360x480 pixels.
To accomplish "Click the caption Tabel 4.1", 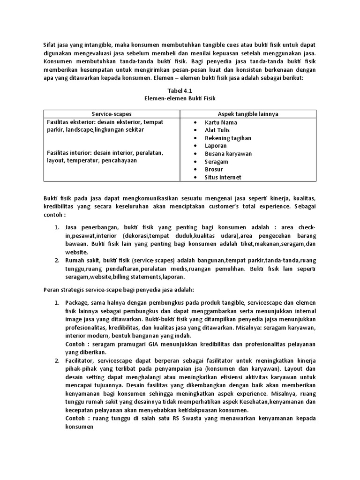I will (180, 90).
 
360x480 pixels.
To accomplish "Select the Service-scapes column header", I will (112, 114).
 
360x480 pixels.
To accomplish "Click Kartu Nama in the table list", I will (221, 122).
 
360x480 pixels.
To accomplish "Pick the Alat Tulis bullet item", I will (217, 130).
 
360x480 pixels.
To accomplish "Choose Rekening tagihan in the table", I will (228, 138).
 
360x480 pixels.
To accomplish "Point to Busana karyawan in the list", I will (228, 153).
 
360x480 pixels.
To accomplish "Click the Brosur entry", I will (214, 169).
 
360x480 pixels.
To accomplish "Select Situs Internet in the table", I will (223, 177).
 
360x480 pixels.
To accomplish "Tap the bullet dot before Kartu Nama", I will (195, 122).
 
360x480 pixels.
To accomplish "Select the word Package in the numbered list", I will (77, 303).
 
